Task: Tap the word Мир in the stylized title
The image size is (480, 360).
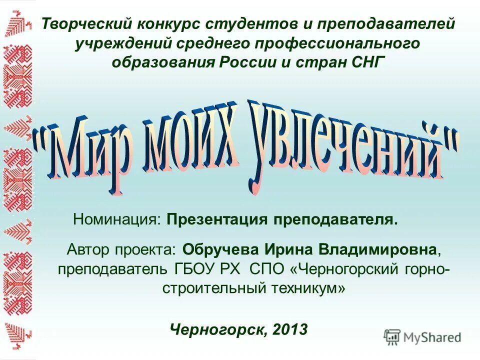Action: click(x=87, y=150)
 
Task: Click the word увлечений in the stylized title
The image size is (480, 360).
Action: click(x=345, y=145)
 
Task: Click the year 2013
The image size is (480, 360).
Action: click(x=290, y=329)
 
